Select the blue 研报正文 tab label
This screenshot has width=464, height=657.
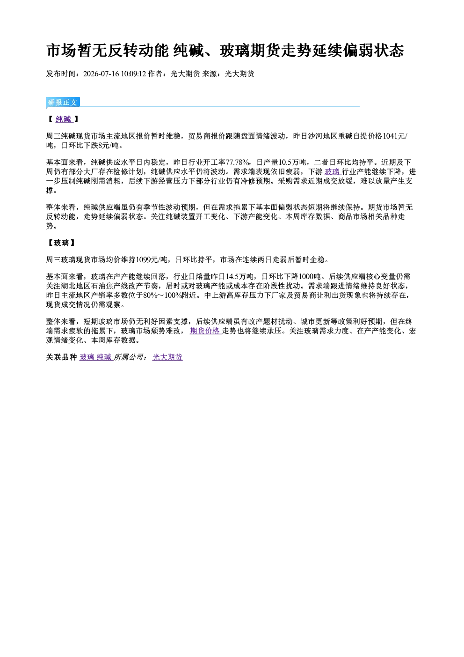click(63, 102)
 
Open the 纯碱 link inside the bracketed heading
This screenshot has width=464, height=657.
click(64, 119)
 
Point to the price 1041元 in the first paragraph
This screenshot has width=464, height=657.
click(394, 136)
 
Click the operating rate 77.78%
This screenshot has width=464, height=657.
click(238, 162)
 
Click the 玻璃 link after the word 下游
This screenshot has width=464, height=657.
click(332, 171)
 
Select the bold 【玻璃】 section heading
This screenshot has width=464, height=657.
click(61, 243)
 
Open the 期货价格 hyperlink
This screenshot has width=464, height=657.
click(205, 331)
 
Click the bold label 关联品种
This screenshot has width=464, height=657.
click(61, 357)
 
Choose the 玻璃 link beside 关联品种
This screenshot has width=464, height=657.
click(87, 357)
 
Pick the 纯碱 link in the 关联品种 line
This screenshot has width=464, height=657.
click(104, 357)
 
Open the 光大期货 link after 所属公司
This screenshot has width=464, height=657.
click(167, 357)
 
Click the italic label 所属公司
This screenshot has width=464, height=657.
click(129, 357)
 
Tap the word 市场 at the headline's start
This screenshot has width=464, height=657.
click(61, 51)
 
